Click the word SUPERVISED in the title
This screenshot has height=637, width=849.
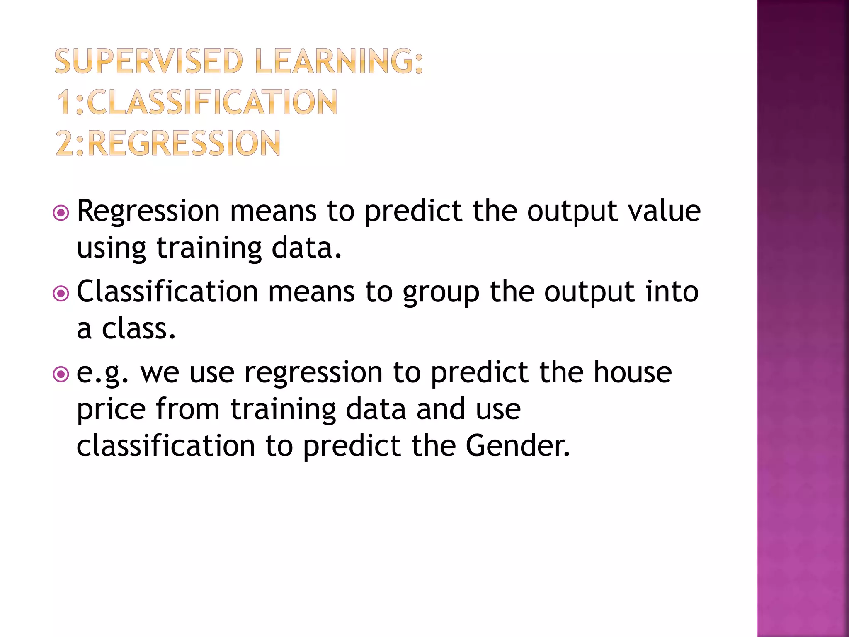coord(148,61)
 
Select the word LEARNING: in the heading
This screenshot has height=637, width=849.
coord(339,61)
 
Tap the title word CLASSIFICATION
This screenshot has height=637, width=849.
coord(212,102)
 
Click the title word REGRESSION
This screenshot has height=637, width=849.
coord(184,143)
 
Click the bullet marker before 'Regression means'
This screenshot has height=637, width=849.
coord(61,214)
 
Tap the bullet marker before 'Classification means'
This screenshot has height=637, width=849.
coord(61,294)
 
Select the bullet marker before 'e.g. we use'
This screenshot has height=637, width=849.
coord(61,374)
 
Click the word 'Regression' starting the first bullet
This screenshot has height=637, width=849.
coord(148,212)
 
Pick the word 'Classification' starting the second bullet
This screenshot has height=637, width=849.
coord(167,291)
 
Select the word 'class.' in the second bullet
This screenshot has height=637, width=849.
coord(139,328)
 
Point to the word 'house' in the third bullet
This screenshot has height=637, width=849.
coord(633,372)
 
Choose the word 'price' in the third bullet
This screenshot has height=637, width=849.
coord(111,410)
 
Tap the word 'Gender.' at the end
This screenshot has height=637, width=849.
coord(518,446)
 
